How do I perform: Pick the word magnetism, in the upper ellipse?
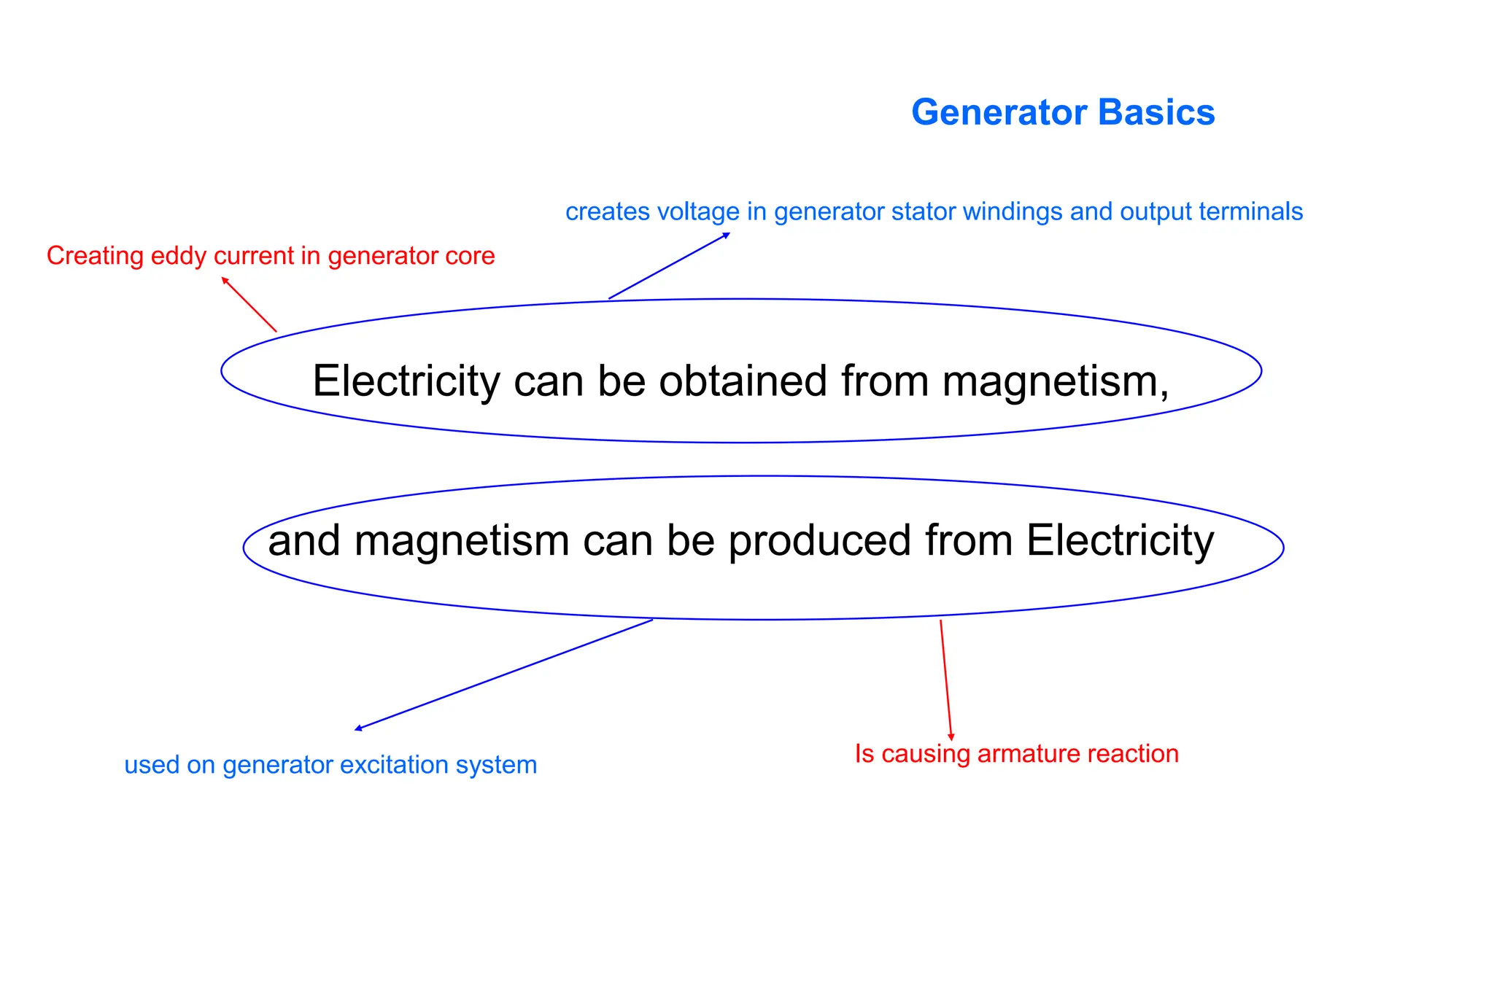pos(1056,381)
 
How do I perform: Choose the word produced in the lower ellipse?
pos(820,540)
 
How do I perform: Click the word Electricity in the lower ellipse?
pos(1120,540)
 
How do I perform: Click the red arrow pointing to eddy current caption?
pos(249,305)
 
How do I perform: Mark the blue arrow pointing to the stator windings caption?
pos(669,266)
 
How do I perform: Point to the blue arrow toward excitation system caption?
pos(503,674)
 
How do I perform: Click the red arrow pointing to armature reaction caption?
pos(946,680)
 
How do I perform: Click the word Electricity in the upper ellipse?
pos(406,381)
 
